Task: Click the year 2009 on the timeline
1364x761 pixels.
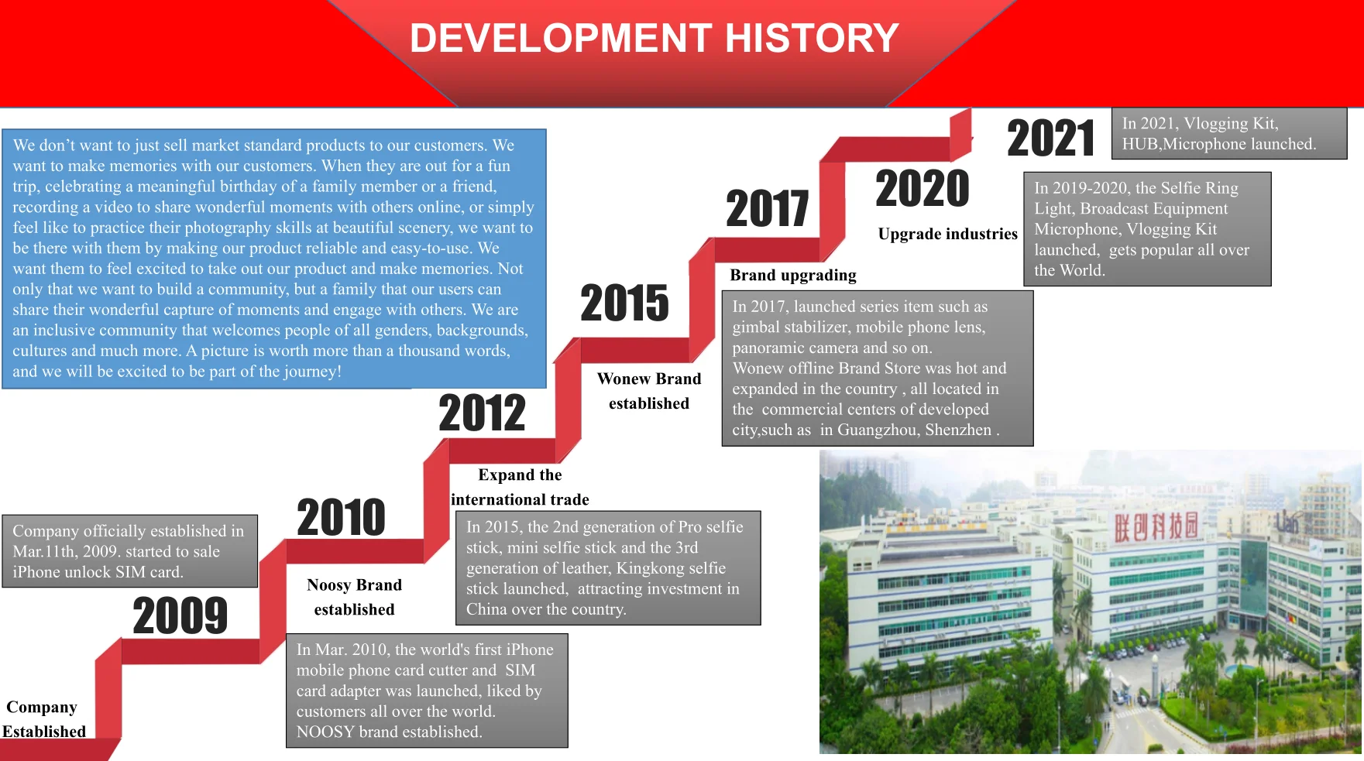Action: point(180,616)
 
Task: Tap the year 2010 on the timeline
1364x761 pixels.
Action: point(342,517)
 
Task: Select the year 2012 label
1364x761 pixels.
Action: point(482,413)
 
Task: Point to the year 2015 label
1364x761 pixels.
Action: point(624,303)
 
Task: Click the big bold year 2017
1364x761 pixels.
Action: point(768,208)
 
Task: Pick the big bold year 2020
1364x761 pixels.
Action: point(923,189)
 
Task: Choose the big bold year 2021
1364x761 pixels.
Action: point(1051,138)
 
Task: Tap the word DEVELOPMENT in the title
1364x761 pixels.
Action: point(561,38)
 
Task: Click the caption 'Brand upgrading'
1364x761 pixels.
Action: point(793,275)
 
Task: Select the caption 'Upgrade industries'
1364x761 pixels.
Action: point(948,234)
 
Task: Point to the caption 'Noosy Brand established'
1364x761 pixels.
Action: point(354,597)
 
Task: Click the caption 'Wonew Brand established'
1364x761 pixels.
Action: point(649,391)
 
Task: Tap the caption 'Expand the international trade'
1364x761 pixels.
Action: point(520,487)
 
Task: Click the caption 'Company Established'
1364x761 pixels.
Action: point(43,719)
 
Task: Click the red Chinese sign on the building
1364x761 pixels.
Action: point(1156,526)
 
